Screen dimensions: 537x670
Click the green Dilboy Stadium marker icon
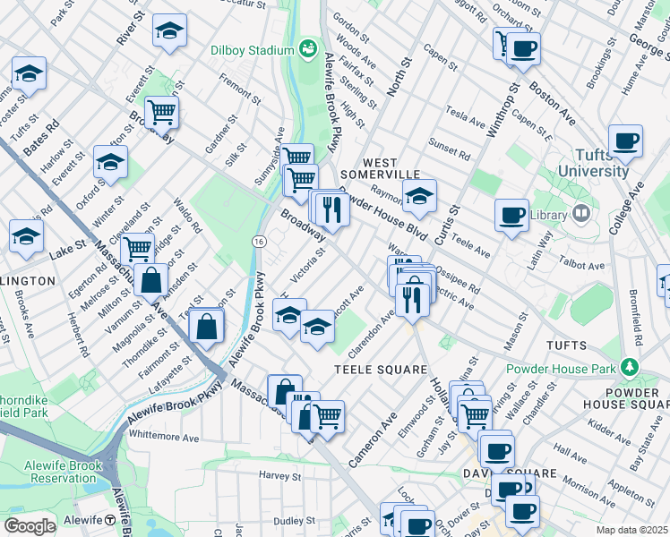tap(309, 47)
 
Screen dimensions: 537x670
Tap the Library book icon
tap(581, 214)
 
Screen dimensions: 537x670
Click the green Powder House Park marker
tap(630, 368)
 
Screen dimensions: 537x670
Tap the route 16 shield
tap(259, 242)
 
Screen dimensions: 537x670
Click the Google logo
tap(30, 525)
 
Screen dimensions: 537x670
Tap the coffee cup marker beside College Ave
tap(625, 141)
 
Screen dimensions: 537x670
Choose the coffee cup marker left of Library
tap(511, 214)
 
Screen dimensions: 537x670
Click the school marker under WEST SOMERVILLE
tap(418, 195)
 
